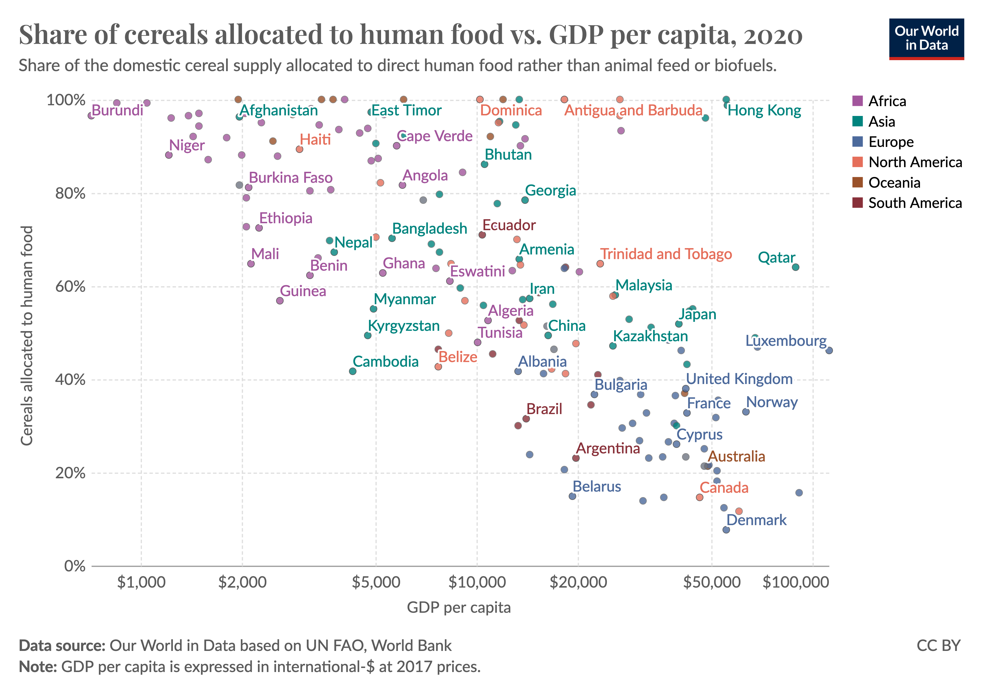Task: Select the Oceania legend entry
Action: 894,183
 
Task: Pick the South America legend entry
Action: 914,203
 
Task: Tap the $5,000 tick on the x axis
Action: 376,582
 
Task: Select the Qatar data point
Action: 795,267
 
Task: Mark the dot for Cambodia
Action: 353,372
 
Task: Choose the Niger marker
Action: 169,155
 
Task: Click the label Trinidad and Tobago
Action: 666,254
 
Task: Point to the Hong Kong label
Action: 764,111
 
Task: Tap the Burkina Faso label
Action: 290,178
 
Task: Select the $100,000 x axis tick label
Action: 795,582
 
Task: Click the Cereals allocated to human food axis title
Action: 27,336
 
